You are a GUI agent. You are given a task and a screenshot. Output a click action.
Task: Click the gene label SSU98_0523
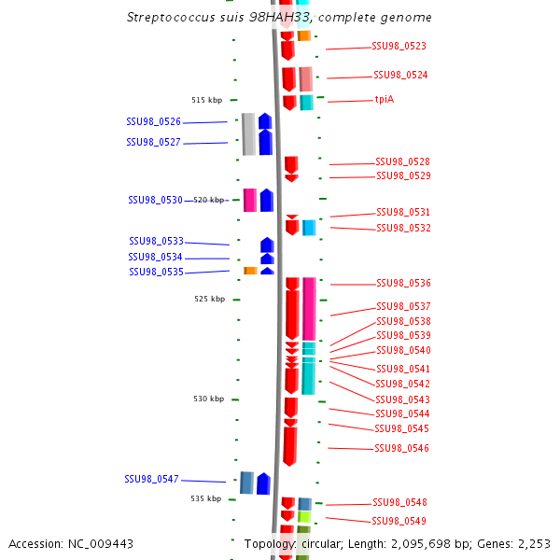point(399,46)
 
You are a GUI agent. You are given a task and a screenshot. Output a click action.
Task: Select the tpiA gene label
point(384,99)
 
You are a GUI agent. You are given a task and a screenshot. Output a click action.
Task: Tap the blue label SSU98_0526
point(154,121)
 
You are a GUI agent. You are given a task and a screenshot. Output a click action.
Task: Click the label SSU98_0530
point(155,200)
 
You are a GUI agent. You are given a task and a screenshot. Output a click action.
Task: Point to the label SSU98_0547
point(151,479)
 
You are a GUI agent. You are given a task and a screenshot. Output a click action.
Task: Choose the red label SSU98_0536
point(403,283)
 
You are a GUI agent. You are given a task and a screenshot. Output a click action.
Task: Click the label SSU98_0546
point(401,448)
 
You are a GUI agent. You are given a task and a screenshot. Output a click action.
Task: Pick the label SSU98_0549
point(399,521)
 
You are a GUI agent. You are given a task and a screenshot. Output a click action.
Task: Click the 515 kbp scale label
point(206,100)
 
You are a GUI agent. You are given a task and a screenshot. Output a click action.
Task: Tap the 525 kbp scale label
point(209,299)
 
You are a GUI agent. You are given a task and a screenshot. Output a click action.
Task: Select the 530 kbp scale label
point(208,399)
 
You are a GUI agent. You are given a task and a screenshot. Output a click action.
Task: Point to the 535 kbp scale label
point(205,498)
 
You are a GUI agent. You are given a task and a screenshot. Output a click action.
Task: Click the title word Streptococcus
point(168,18)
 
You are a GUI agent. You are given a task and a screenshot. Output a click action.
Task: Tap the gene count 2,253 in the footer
point(532,543)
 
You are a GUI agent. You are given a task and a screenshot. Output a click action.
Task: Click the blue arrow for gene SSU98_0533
point(267,245)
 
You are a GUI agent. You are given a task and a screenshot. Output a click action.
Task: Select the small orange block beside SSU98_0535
point(250,271)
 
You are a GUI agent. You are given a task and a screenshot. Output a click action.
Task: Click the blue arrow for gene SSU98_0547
point(263,483)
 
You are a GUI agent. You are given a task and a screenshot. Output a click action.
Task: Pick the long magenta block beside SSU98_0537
point(309,308)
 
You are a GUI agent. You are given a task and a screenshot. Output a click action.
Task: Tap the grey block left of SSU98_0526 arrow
point(248,133)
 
